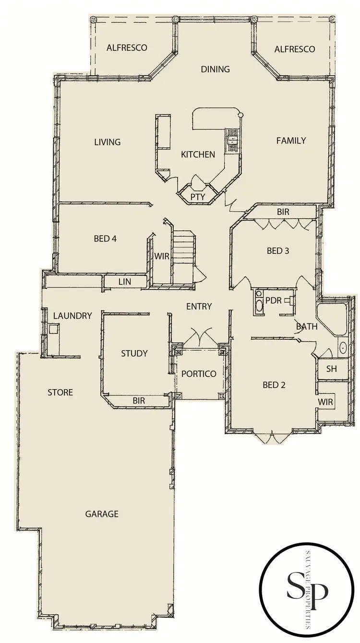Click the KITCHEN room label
[x=198, y=155]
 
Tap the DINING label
[x=215, y=69]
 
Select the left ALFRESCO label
[x=127, y=48]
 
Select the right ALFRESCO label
[x=295, y=49]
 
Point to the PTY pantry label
[x=197, y=197]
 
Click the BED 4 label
[x=103, y=238]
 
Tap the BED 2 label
[x=275, y=384]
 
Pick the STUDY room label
[x=134, y=354]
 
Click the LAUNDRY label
[x=72, y=316]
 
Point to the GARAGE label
[x=102, y=514]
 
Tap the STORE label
[x=60, y=393]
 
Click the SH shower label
[x=331, y=369]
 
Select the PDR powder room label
[x=273, y=301]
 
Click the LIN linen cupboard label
[x=124, y=282]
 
